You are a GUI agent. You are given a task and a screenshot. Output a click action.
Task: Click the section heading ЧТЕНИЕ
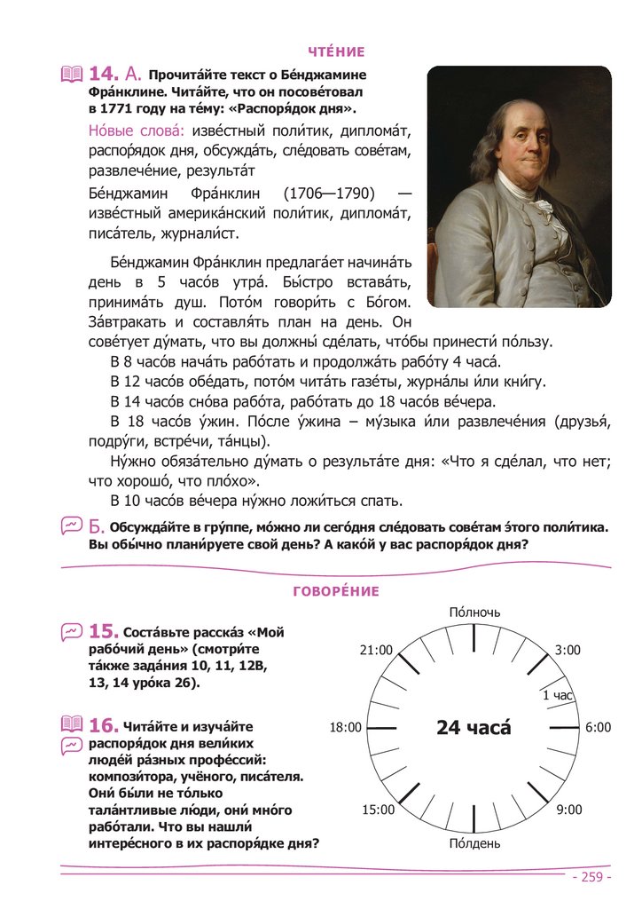pos(336,52)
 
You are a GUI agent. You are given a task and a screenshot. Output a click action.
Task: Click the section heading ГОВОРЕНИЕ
pos(336,591)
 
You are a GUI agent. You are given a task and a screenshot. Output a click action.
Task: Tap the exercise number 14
pos(104,75)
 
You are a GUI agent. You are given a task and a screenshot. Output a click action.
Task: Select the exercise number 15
pos(104,631)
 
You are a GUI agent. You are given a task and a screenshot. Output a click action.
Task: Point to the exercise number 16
pos(104,726)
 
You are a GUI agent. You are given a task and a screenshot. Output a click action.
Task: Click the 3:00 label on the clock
pos(568,650)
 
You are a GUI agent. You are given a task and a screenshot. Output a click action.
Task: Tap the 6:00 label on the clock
pos(598,727)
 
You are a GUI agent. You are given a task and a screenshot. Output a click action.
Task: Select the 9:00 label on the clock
pos(568,809)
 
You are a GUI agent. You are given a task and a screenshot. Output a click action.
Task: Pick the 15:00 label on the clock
pos(379,809)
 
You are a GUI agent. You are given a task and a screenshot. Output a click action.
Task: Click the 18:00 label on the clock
pos(345,727)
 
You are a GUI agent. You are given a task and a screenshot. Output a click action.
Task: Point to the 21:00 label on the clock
pos(376,650)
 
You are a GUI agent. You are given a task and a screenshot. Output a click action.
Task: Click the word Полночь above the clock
pos(474,613)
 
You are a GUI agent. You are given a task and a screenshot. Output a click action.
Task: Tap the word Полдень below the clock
pos(474,842)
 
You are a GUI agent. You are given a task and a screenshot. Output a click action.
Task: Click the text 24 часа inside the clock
pos(474,728)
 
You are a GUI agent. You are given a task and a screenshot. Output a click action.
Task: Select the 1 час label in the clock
pos(558,695)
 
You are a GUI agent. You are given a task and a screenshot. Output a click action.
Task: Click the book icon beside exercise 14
pos(71,75)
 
